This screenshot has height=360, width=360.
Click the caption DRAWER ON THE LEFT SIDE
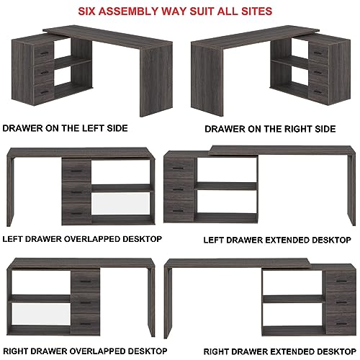pyautogui.click(x=65, y=128)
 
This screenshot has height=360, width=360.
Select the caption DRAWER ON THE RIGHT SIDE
pyautogui.click(x=270, y=129)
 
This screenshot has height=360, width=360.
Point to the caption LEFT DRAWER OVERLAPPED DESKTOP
pyautogui.click(x=82, y=239)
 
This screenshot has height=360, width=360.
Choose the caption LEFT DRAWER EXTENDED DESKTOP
pyautogui.click(x=277, y=240)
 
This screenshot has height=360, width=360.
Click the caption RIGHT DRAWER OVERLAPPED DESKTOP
pyautogui.click(x=85, y=351)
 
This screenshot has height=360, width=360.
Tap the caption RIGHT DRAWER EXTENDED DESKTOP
pyautogui.click(x=280, y=351)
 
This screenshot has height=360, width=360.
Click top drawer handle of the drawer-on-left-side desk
pyautogui.click(x=44, y=53)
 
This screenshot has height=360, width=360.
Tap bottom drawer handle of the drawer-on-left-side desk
pyautogui.click(x=44, y=92)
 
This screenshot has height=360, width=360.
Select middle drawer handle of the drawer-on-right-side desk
pyautogui.click(x=318, y=73)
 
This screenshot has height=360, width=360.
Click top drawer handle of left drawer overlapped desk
pyautogui.click(x=76, y=171)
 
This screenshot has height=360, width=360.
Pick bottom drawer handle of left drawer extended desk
pyautogui.click(x=178, y=211)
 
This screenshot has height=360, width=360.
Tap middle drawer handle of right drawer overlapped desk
pyautogui.click(x=86, y=302)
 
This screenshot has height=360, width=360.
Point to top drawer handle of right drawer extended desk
pyautogui.click(x=341, y=281)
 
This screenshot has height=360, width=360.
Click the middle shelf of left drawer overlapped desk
pyautogui.click(x=122, y=188)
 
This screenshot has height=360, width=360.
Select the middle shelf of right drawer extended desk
pyautogui.click(x=294, y=299)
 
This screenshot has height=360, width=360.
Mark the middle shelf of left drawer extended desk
pyautogui.click(x=225, y=186)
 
